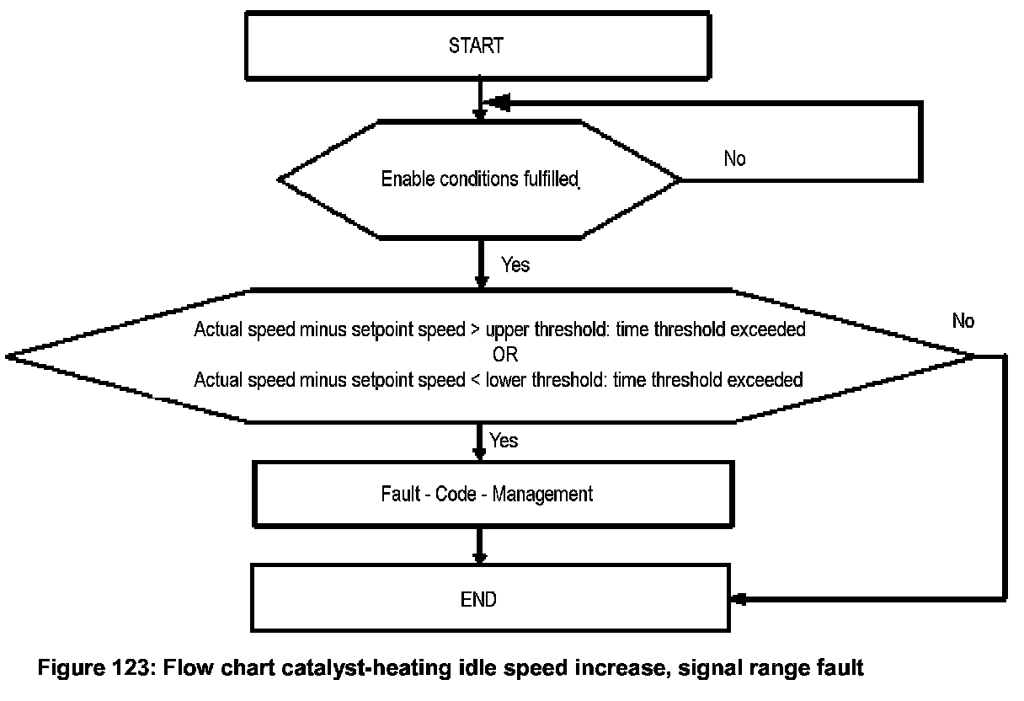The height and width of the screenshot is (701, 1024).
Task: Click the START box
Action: (x=476, y=45)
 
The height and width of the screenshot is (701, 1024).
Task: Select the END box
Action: (x=490, y=599)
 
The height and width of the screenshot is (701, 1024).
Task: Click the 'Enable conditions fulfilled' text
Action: (x=480, y=179)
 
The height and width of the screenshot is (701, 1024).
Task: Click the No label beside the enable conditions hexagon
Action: (x=734, y=158)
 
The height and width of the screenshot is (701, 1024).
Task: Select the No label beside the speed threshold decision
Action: (x=963, y=321)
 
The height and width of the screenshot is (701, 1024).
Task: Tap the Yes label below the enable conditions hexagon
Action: (x=515, y=265)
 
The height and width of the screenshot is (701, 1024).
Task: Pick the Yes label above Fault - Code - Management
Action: (x=504, y=441)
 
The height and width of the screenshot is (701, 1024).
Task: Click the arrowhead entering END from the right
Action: (x=739, y=599)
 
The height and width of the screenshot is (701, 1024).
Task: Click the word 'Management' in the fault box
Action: (x=542, y=494)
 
